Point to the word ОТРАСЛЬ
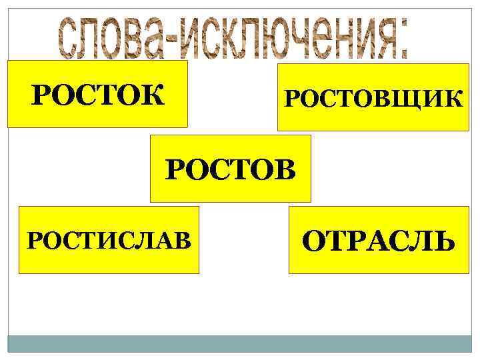pyautogui.click(x=379, y=241)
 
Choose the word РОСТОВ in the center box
pyautogui.click(x=231, y=169)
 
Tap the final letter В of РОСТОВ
pyautogui.click(x=282, y=169)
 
